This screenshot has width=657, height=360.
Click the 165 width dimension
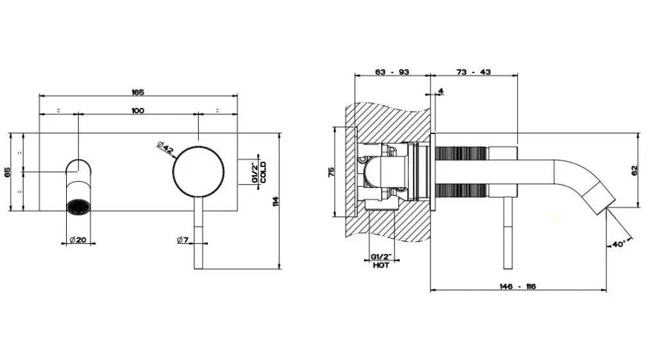tap(138, 92)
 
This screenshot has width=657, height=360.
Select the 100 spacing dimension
tap(138, 110)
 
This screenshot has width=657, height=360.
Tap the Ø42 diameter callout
tap(165, 148)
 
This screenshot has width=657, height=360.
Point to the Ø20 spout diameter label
tap(78, 240)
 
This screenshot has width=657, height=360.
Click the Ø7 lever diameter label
tap(183, 240)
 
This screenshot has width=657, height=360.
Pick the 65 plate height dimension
tap(8, 172)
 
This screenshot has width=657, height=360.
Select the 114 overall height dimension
tap(275, 201)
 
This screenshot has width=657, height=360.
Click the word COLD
tap(262, 172)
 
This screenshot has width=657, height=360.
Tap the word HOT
tap(381, 265)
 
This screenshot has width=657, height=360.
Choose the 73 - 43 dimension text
tap(474, 72)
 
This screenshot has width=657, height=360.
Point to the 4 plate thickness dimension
tap(441, 91)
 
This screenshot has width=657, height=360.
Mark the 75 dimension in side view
tap(332, 172)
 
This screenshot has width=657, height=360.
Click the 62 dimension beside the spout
tap(634, 170)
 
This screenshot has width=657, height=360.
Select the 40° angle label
tap(619, 244)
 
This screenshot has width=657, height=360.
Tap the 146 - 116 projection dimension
tap(518, 287)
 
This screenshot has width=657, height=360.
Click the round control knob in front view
tap(199, 171)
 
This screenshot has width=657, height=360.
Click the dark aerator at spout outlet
tap(78, 208)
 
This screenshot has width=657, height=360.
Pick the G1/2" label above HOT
tap(381, 257)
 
